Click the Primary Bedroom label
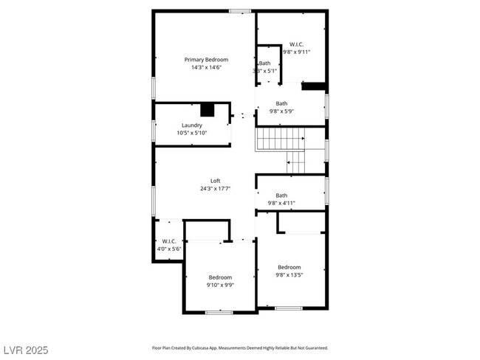click(x=206, y=59)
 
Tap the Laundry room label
click(x=192, y=125)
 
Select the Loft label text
click(x=215, y=181)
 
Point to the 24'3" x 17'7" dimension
click(x=215, y=188)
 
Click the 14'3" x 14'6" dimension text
click(x=206, y=67)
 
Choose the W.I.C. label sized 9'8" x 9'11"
click(x=296, y=44)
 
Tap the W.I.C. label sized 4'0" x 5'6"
click(x=168, y=241)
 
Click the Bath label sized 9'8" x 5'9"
click(x=282, y=103)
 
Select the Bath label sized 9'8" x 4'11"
click(x=281, y=195)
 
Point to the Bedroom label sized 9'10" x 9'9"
click(x=220, y=277)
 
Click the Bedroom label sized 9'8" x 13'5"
click(x=289, y=267)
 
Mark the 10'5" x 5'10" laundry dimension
click(x=192, y=133)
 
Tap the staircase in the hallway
click(x=281, y=138)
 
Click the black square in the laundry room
click(x=208, y=110)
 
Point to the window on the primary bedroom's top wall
click(x=239, y=10)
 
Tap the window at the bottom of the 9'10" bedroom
click(x=219, y=312)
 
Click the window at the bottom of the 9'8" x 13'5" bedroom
click(x=288, y=307)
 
